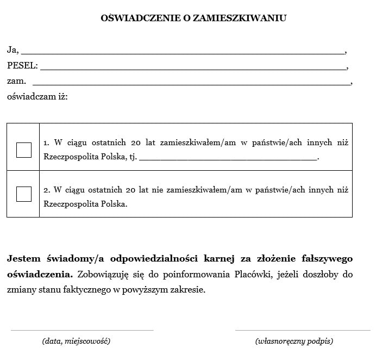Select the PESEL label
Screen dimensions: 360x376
coord(22,66)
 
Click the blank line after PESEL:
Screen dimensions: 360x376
coord(193,69)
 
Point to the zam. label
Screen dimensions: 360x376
coord(16,81)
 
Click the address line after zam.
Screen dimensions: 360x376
coord(192,84)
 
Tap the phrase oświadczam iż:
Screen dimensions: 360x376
coord(37,97)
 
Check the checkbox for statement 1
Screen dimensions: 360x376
coord(24,150)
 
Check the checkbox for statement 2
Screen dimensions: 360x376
coord(24,194)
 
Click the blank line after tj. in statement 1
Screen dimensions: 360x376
coord(229,159)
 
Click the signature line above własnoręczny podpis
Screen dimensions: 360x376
coord(302,330)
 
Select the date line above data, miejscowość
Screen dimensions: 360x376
coord(82,330)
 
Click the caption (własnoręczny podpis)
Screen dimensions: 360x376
coord(294,342)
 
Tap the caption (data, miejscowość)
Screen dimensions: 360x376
coord(76,342)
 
